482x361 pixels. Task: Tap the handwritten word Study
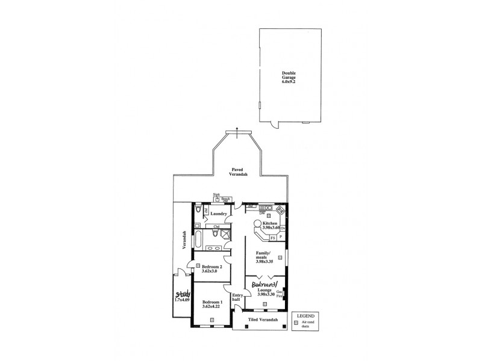(183, 295)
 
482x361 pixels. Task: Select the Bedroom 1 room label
(212, 304)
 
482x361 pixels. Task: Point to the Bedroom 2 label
(212, 269)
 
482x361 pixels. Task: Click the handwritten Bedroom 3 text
(264, 284)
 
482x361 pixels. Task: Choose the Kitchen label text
(270, 225)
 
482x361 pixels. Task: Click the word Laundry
(219, 214)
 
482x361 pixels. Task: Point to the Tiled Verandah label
(264, 319)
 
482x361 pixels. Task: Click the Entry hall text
(237, 297)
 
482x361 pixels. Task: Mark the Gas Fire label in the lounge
(280, 294)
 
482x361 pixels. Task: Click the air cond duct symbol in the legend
(296, 323)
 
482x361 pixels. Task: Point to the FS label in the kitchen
(273, 238)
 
